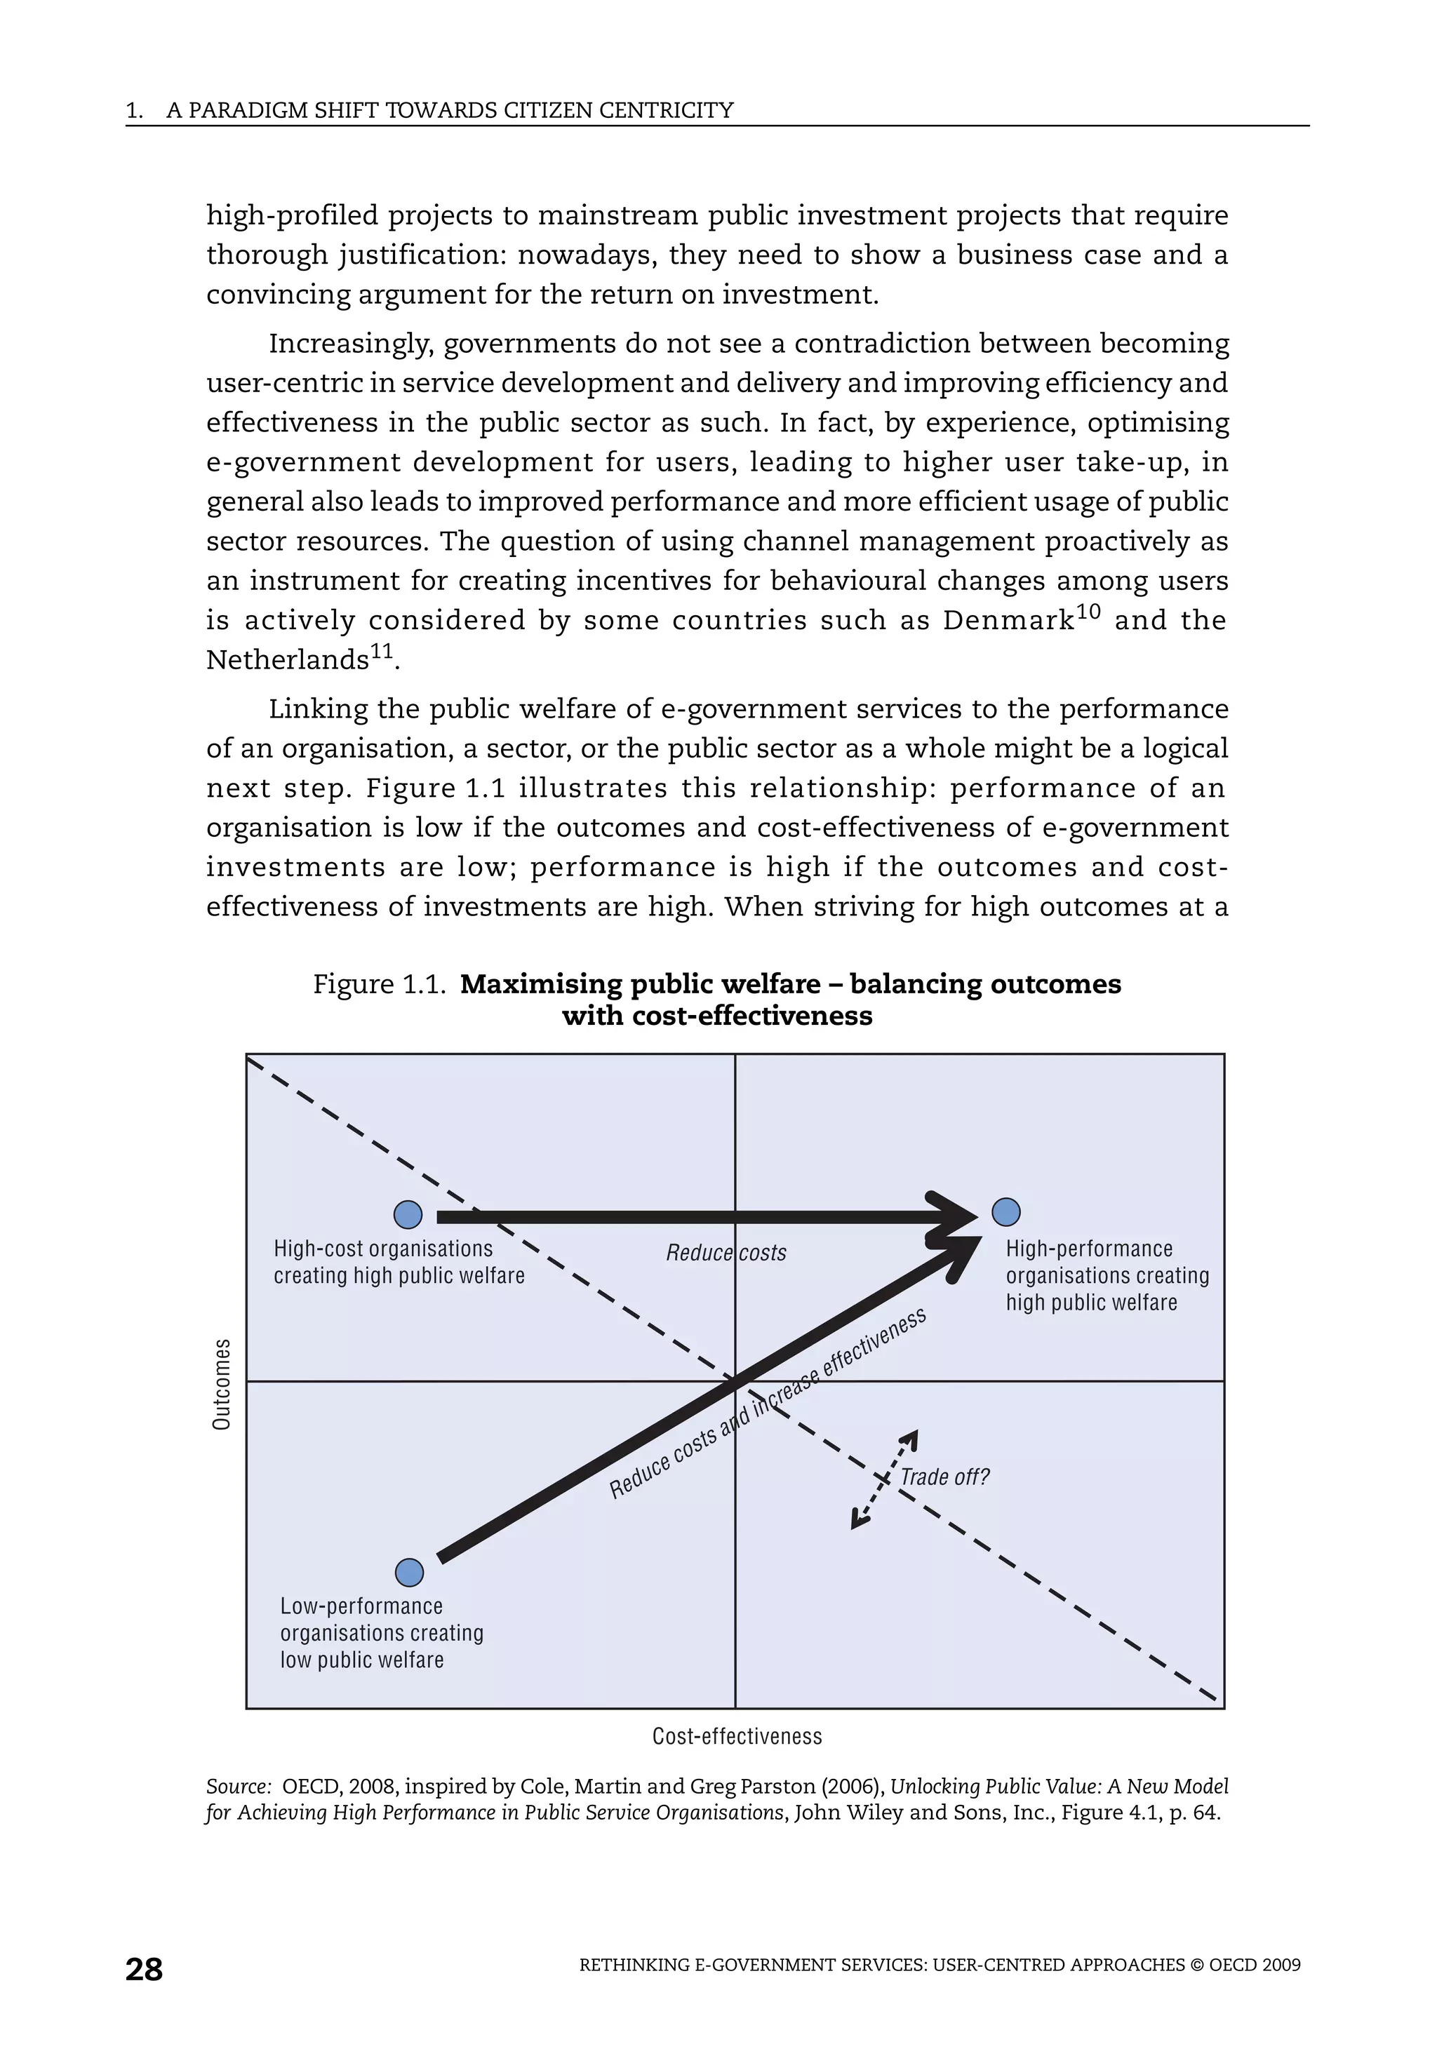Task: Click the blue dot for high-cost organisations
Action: pos(408,1215)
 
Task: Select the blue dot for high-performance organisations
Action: pos(1005,1212)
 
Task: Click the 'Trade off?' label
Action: pos(944,1478)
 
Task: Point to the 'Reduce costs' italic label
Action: pos(726,1253)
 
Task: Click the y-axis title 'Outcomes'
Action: pos(221,1385)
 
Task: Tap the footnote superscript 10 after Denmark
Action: pos(1088,613)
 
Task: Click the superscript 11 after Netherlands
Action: pos(381,652)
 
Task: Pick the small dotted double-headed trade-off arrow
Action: pos(884,1479)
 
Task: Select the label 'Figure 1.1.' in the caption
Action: pos(379,985)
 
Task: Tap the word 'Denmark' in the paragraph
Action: pos(1008,621)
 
